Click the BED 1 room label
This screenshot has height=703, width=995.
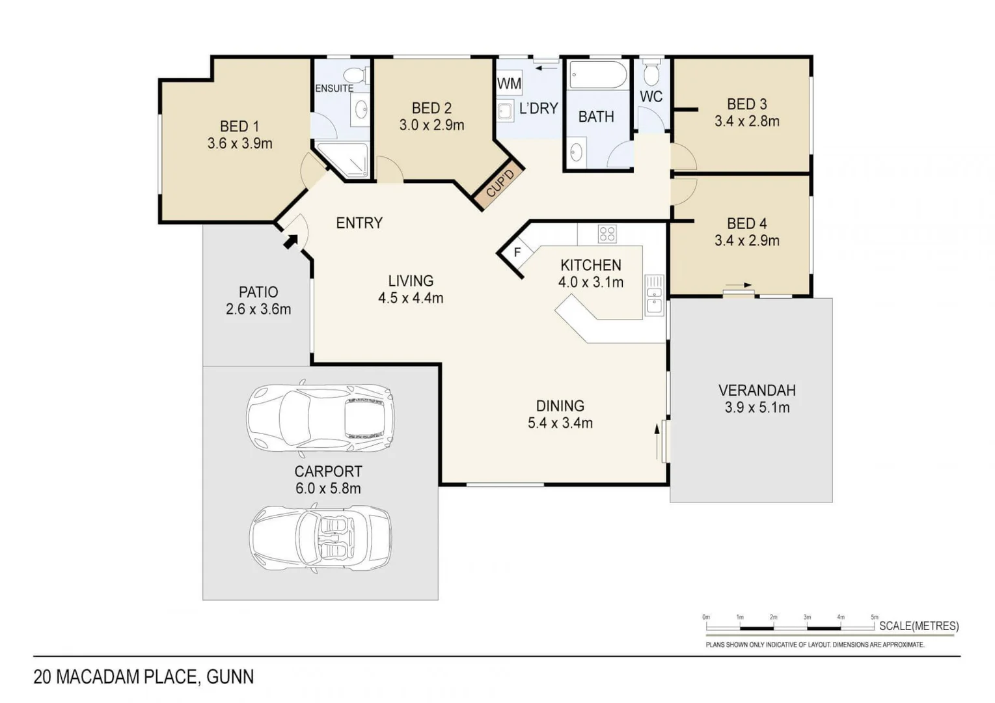click(x=239, y=126)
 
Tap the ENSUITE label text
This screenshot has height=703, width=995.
click(x=334, y=89)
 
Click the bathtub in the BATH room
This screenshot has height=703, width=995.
click(x=597, y=75)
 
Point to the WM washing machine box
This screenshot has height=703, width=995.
click(x=509, y=83)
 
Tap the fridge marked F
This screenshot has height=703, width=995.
click(x=518, y=252)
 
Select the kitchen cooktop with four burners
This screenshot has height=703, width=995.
click(x=607, y=234)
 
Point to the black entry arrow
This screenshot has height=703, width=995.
click(x=290, y=241)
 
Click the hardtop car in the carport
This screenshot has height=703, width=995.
click(x=320, y=417)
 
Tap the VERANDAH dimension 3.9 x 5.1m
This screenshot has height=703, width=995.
click(x=757, y=408)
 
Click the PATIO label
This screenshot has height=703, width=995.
click(x=258, y=292)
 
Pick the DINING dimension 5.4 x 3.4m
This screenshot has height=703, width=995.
click(x=560, y=423)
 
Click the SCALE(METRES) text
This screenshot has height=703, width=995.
click(x=918, y=626)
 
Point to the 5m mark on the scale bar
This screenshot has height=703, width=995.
click(x=874, y=617)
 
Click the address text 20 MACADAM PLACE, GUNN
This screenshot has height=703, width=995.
click(x=143, y=677)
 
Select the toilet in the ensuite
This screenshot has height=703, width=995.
click(x=355, y=74)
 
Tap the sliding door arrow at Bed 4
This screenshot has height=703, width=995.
click(x=739, y=285)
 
